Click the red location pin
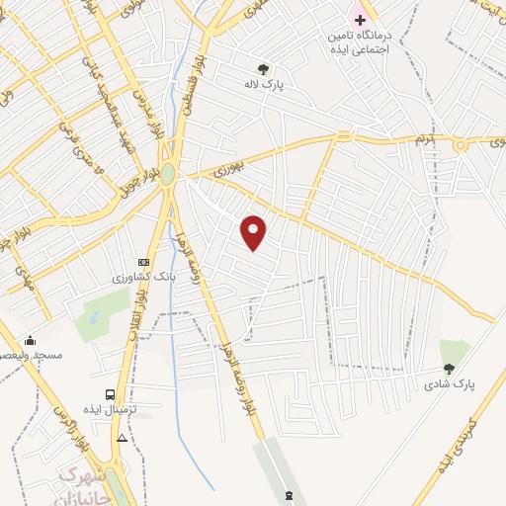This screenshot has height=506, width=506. [255, 232]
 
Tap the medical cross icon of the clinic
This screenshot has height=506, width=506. [360, 20]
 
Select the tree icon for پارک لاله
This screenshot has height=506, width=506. [263, 69]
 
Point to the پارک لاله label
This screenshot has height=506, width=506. [265, 85]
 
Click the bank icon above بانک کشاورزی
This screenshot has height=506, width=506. [144, 263]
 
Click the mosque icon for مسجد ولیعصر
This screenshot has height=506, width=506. [30, 340]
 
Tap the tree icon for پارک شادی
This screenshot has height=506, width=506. [449, 369]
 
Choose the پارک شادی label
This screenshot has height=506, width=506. [451, 383]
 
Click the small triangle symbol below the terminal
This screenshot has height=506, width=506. [122, 437]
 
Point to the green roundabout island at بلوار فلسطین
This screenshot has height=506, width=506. [168, 175]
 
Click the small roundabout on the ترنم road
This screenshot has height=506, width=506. [460, 144]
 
